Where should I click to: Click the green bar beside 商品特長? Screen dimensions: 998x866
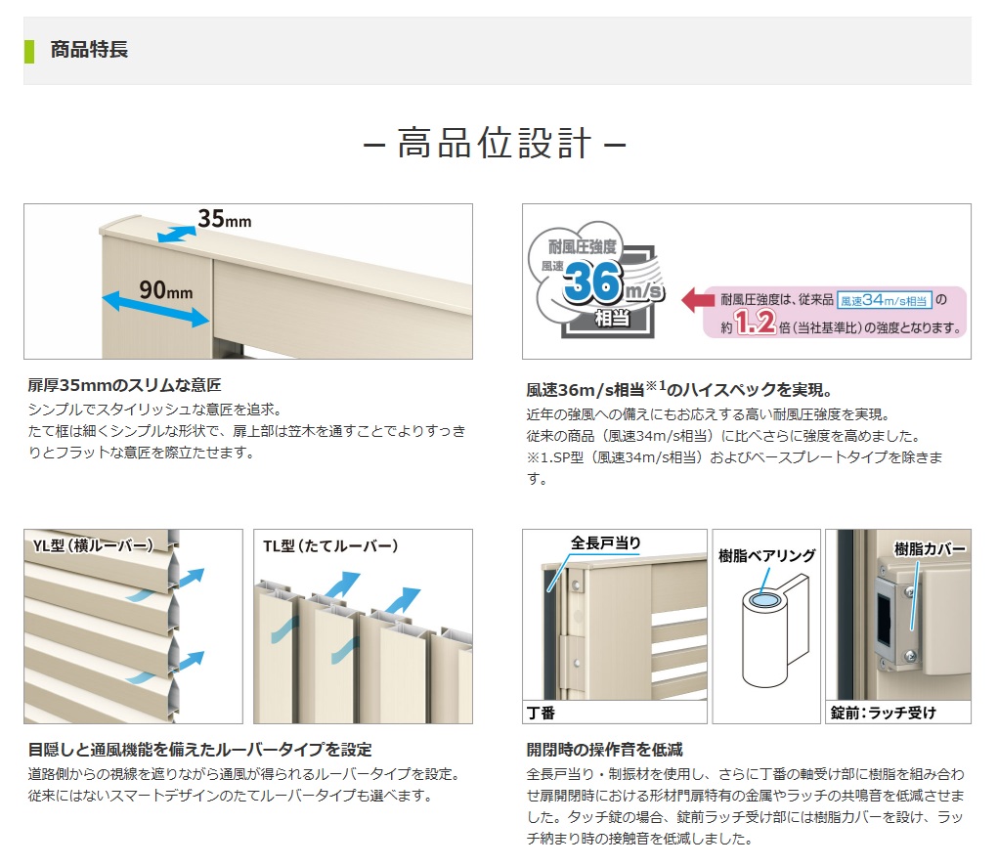tap(29, 52)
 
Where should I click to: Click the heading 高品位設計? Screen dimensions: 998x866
tap(495, 143)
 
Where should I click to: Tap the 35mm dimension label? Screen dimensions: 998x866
tap(225, 219)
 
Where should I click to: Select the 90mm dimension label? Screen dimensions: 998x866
tap(165, 290)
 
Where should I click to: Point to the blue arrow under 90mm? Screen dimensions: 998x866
tap(155, 309)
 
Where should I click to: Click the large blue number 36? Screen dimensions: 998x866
tap(592, 281)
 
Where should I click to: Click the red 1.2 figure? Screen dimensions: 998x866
tap(755, 322)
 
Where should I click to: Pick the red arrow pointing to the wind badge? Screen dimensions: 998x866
tap(698, 300)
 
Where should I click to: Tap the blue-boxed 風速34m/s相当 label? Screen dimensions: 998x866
tap(884, 300)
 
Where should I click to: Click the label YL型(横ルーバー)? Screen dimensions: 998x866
tap(93, 545)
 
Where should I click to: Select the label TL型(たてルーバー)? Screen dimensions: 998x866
tap(330, 546)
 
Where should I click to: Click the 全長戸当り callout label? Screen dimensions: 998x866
tap(605, 542)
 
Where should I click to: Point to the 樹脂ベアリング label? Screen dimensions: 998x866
tap(767, 555)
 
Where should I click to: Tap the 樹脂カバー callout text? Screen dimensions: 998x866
tap(930, 548)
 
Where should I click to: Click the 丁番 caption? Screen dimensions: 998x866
tap(541, 713)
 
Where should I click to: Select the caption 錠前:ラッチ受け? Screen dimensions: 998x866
tap(883, 713)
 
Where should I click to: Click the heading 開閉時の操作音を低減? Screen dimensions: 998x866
tap(605, 750)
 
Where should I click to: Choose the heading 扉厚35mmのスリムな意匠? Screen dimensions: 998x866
tap(125, 385)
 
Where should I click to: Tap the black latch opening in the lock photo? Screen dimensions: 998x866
tap(884, 620)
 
